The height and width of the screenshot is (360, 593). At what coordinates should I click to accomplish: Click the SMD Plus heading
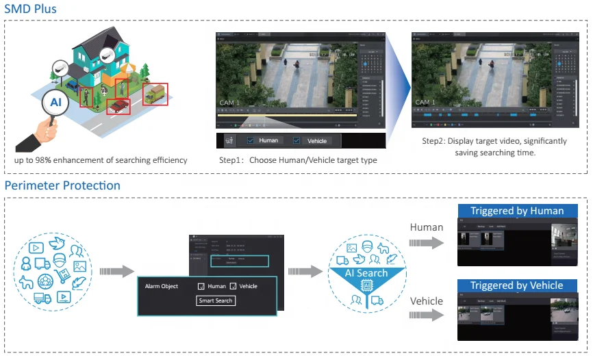tap(31, 9)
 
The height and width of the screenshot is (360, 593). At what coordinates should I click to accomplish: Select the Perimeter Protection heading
tap(62, 185)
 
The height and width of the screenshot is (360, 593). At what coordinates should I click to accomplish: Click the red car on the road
tap(119, 105)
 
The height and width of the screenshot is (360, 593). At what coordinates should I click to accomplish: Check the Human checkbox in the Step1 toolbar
tap(251, 140)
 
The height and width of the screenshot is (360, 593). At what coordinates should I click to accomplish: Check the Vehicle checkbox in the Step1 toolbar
tap(296, 140)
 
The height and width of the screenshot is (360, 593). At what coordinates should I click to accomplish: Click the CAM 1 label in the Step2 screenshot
tap(425, 103)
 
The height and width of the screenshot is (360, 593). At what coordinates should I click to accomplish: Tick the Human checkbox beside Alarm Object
tap(201, 286)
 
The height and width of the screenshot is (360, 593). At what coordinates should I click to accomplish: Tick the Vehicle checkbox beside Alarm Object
tap(233, 286)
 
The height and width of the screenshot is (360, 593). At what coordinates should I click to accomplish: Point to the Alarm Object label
tap(162, 286)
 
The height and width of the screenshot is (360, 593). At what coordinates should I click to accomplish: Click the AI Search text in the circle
tap(366, 273)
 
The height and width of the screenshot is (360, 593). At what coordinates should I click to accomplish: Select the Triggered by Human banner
tap(517, 211)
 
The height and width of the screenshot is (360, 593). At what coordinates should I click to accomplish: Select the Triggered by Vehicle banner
tap(517, 285)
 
